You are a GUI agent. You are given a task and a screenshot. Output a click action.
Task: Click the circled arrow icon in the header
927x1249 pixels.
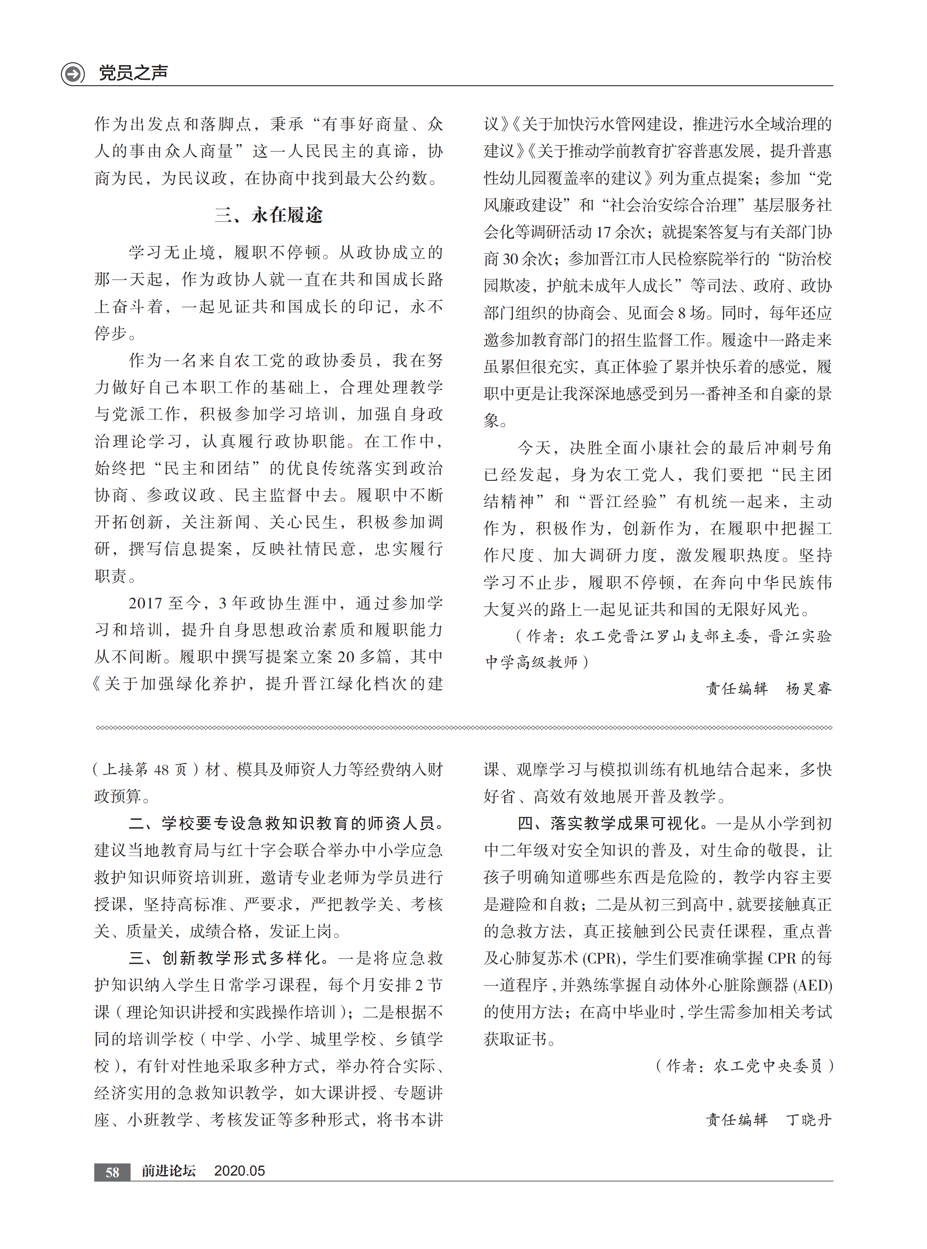coord(73,73)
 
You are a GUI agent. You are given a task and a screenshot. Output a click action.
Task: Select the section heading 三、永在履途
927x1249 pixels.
coord(268,215)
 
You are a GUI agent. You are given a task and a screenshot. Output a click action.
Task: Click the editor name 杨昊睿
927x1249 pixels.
coord(808,688)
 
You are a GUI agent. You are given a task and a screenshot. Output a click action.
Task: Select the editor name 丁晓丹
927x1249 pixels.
coord(808,1120)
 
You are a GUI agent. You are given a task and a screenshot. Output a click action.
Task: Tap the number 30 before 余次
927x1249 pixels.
coord(510,259)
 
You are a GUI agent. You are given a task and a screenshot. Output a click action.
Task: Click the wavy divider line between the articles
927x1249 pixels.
coord(463,728)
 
